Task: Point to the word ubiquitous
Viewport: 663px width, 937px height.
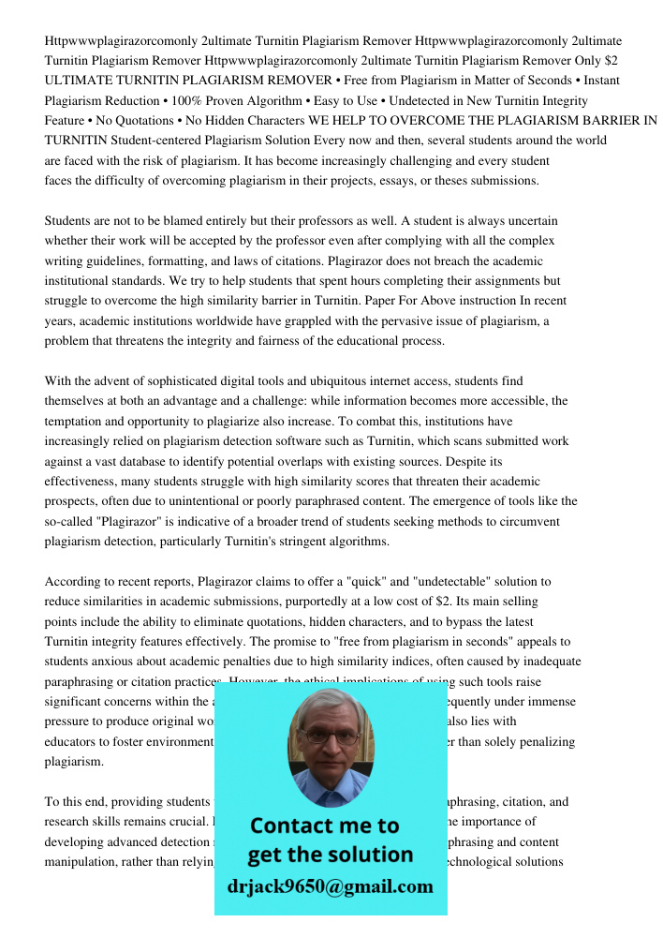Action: point(334,381)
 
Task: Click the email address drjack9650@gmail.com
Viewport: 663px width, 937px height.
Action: point(331,886)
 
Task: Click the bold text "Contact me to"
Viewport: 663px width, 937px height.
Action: point(324,825)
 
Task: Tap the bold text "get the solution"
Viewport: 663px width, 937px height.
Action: point(330,855)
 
